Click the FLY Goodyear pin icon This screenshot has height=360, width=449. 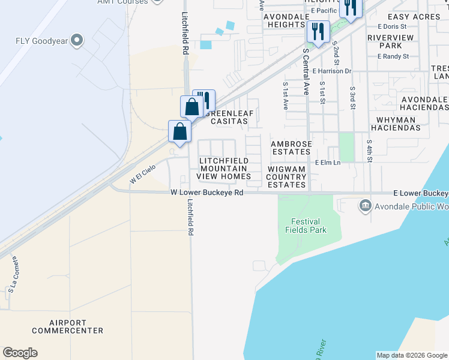click(77, 41)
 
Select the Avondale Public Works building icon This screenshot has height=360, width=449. click(365, 206)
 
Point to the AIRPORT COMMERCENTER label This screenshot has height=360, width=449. click(68, 326)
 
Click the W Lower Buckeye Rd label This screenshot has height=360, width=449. click(206, 193)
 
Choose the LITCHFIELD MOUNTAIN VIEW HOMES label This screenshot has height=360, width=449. click(224, 169)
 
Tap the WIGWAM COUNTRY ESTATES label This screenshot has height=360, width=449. click(286, 177)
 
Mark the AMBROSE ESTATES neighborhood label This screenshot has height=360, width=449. click(291, 148)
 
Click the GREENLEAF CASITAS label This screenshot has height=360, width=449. click(226, 116)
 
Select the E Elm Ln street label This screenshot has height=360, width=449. click(328, 163)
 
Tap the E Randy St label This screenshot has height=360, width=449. click(393, 56)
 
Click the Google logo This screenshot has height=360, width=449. click(20, 353)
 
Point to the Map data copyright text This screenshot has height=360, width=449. click(412, 355)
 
